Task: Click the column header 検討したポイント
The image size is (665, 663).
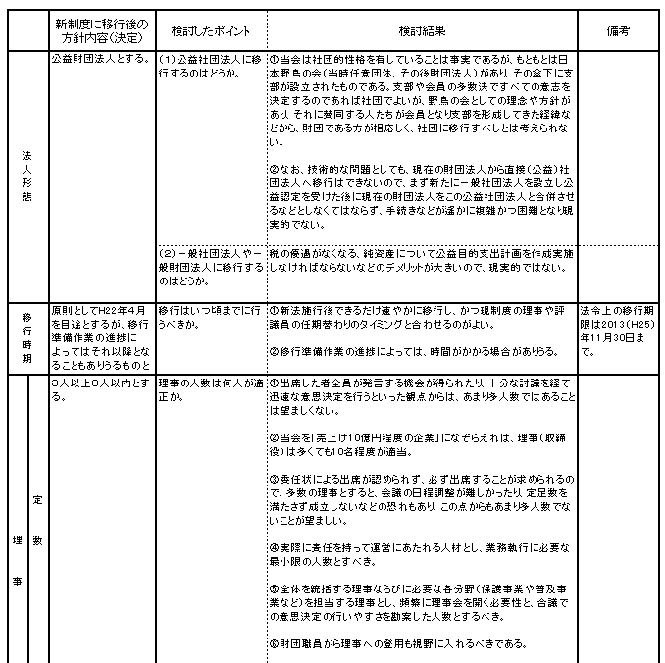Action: pyautogui.click(x=211, y=30)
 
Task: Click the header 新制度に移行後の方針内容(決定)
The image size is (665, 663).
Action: pyautogui.click(x=102, y=30)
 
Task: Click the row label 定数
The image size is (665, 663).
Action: pyautogui.click(x=37, y=526)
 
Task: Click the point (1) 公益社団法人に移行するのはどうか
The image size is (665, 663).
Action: pyautogui.click(x=211, y=66)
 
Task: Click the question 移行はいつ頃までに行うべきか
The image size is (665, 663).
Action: pyautogui.click(x=211, y=316)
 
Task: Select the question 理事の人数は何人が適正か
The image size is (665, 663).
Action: pyautogui.click(x=211, y=385)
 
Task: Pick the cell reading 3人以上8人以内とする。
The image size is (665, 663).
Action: pyautogui.click(x=102, y=385)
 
